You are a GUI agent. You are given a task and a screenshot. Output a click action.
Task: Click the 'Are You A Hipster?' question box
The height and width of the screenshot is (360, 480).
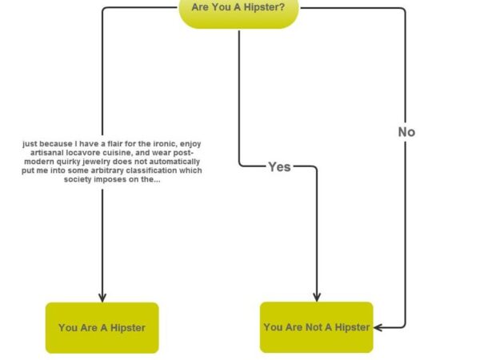point(238,10)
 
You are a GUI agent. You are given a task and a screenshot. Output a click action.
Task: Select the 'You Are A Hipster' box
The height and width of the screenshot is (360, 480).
point(102,327)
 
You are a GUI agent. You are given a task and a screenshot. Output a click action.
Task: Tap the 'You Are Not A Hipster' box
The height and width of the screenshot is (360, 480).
point(316,326)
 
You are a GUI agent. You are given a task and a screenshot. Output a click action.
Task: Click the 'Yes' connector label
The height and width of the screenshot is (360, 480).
point(279,166)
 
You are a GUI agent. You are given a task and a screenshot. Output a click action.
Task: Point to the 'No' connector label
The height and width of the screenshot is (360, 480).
point(406,132)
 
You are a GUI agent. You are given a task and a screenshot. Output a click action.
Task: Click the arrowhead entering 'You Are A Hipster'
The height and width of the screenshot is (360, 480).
point(102,296)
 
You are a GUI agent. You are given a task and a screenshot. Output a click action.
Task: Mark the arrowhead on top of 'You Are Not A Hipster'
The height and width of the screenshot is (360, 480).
point(317,296)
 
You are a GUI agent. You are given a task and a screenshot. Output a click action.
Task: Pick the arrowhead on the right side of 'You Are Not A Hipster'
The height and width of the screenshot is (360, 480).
point(378,326)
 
